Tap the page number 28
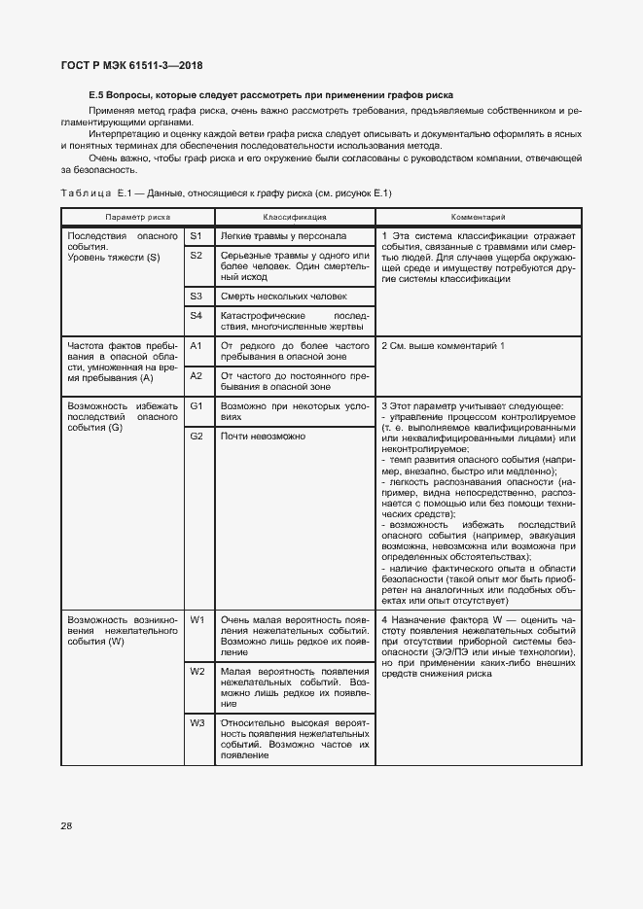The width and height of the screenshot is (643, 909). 66,826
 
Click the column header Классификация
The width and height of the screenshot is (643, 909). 294,217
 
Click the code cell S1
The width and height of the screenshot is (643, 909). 196,236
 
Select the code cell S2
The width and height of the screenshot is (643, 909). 196,255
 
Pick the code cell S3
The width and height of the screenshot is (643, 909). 196,296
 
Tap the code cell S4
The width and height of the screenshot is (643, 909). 196,315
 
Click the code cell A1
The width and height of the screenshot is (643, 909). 196,345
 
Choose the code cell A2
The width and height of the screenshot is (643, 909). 196,374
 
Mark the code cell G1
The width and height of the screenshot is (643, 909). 196,405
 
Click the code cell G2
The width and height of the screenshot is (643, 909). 196,436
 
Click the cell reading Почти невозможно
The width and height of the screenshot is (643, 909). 263,436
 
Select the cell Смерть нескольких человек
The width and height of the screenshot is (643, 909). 283,296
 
